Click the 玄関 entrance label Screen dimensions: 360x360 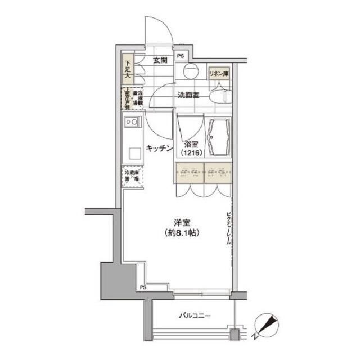(160, 60)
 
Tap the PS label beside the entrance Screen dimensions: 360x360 (181, 56)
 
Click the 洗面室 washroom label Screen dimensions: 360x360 (188, 96)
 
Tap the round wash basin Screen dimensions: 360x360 (190, 71)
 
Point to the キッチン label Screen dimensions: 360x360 (158, 148)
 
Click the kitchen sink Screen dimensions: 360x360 (133, 121)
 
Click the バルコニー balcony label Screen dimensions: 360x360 (195, 316)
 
